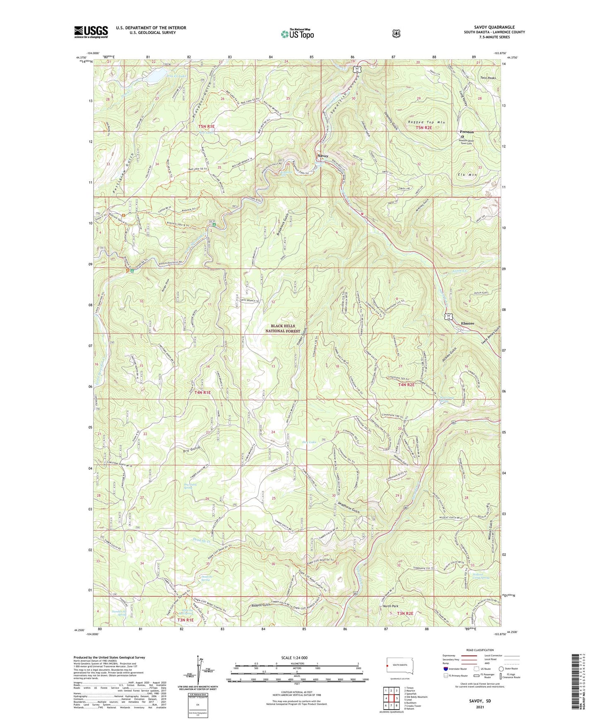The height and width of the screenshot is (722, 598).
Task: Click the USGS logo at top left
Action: [x=91, y=32]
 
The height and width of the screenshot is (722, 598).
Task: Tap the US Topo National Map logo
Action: [x=297, y=33]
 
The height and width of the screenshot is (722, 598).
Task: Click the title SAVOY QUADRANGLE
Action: [x=494, y=27]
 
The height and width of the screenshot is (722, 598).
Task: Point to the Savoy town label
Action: [x=322, y=156]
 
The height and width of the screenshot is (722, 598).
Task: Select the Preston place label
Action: [x=466, y=132]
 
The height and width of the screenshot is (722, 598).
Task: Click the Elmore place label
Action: [x=468, y=323]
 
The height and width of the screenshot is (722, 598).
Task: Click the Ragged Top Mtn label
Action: [x=426, y=122]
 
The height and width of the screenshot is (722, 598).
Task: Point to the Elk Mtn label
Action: [x=468, y=175]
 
